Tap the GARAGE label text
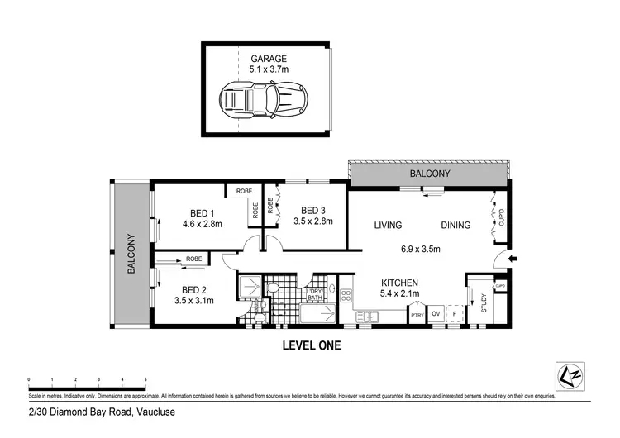tap(268, 59)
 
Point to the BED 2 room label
tap(193, 290)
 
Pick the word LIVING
tap(388, 225)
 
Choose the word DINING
tap(455, 225)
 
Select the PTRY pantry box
tap(416, 314)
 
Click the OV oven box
tap(435, 314)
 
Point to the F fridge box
tap(454, 314)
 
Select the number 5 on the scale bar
tap(145, 380)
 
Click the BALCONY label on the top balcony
tap(430, 174)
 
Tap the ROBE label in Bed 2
tap(193, 259)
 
